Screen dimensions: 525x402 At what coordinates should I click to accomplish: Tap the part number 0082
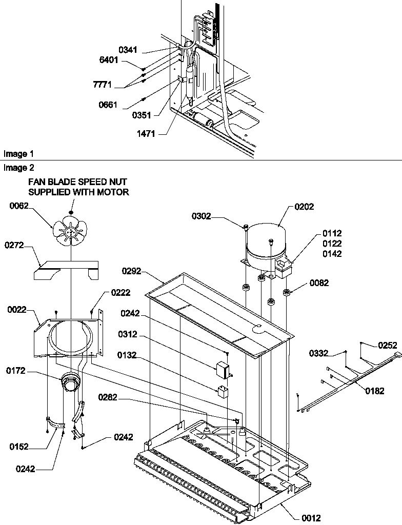tap(318, 283)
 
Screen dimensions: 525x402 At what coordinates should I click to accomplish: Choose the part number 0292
tap(132, 270)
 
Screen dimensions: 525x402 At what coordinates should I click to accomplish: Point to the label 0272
tap(15, 246)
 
